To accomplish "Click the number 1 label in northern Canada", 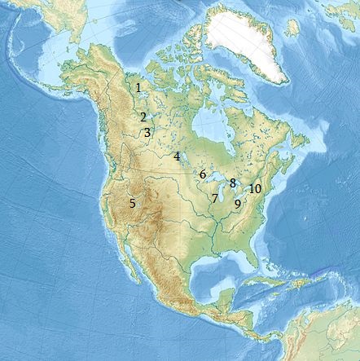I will pos(138,87).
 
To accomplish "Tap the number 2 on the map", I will pos(143,117).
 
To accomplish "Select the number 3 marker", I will pos(147,132).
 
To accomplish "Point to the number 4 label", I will pos(176,156).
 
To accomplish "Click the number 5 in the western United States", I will pos(132,203).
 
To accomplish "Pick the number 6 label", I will pos(202,174).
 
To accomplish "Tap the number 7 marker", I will pos(214,198).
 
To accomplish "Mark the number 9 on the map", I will pos(237,204).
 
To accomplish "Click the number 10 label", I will pos(255,188).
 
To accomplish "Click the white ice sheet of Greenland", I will pos(244,41).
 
